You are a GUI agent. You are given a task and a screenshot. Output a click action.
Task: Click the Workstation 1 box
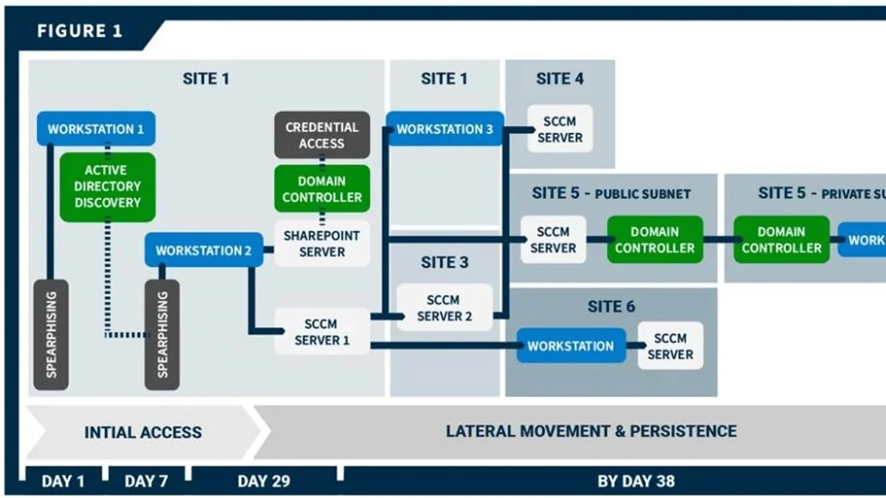96,128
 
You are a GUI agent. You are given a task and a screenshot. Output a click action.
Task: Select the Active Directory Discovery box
108,187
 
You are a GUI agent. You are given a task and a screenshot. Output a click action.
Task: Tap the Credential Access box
322,135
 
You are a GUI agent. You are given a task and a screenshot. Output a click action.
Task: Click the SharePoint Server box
322,243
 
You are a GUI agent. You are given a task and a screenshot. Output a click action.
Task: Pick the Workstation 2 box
204,250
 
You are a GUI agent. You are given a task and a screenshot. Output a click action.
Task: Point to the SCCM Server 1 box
322,331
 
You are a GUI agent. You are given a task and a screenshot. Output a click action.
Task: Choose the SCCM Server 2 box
444,308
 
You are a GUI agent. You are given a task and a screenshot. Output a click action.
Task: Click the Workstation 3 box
445,129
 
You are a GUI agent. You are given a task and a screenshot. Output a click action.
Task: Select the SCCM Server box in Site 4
560,129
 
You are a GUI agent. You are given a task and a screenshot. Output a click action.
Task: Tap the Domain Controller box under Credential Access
322,189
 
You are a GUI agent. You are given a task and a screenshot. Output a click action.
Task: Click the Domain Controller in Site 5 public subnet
655,240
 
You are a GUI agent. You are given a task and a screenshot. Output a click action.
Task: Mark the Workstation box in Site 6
571,345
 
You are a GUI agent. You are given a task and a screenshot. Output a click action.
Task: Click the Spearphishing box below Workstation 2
162,335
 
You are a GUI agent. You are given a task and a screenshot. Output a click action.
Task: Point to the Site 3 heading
444,263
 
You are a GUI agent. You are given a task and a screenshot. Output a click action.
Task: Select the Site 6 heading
611,307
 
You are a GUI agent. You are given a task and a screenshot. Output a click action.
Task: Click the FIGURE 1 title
80,31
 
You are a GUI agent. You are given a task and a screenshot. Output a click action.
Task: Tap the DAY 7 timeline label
146,481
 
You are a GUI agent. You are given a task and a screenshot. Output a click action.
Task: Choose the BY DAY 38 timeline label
636,481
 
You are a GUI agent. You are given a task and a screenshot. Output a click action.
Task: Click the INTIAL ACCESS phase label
143,432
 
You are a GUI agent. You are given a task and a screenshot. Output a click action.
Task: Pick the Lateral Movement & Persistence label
591,431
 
